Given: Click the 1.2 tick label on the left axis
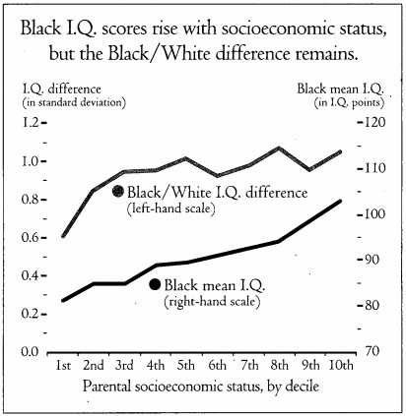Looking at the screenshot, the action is (31, 123).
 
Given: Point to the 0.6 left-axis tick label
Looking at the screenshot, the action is (31, 238).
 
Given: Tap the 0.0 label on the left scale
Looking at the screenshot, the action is (31, 352).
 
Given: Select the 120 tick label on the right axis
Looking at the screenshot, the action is (373, 123).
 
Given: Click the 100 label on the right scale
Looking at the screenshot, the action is (373, 214).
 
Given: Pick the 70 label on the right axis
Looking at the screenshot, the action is (372, 351).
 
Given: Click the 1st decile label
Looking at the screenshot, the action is (63, 365).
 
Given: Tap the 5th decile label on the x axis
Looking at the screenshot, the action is (186, 365).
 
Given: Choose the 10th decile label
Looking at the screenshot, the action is (341, 365).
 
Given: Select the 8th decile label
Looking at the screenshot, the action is (279, 365).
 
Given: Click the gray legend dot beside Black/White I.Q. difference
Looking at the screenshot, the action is (117, 191).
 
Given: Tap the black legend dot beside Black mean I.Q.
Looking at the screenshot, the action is (155, 284).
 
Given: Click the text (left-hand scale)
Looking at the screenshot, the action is (170, 208).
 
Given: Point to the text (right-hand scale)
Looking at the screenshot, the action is (212, 301).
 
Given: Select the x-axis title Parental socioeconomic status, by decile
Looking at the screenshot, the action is (201, 386).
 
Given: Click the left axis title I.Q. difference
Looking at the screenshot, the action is (61, 89).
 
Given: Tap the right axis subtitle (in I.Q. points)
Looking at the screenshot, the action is (349, 103).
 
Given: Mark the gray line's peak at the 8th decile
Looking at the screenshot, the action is (279, 148).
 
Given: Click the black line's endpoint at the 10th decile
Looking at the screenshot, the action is (340, 201).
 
